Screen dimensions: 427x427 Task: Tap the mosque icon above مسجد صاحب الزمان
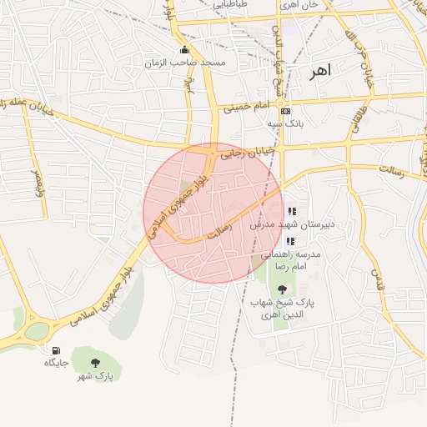click(184, 49)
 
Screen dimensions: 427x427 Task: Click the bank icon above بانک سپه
click(285, 111)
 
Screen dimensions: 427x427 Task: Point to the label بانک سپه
click(285, 123)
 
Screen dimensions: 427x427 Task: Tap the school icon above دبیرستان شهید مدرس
click(291, 211)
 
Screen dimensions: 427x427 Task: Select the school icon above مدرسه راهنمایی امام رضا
click(289, 241)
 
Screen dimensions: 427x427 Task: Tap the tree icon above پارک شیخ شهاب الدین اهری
click(292, 289)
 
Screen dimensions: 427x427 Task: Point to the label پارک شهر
click(96, 377)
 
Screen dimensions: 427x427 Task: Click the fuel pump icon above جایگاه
click(56, 350)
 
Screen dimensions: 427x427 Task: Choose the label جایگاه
click(56, 364)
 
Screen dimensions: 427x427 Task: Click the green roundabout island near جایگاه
click(36, 330)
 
